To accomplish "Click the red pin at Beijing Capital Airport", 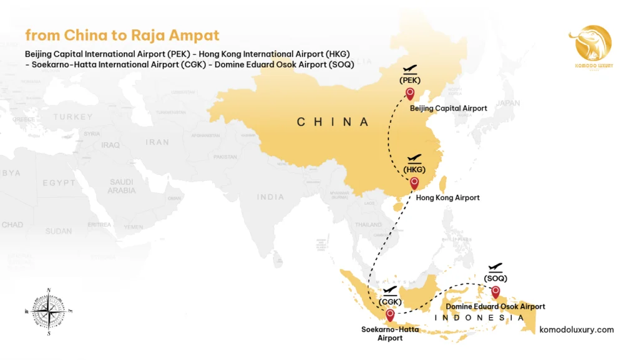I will click(x=410, y=94).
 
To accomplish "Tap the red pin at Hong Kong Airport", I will click(x=414, y=183).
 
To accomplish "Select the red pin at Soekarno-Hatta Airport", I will click(x=390, y=315).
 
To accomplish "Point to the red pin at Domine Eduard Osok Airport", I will click(x=495, y=292).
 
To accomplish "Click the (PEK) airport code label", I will click(x=410, y=80).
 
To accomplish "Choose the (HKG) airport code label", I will click(x=414, y=170).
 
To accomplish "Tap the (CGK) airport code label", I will click(x=389, y=302).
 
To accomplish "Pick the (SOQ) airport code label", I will click(x=495, y=278).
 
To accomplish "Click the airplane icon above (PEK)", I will click(x=410, y=69).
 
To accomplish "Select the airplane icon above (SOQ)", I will click(x=495, y=267).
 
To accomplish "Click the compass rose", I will click(x=49, y=310).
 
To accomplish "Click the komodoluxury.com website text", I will click(x=576, y=329).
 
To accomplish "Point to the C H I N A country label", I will click(x=333, y=122).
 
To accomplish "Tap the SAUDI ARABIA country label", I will click(x=121, y=186).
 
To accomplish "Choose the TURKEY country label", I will click(x=73, y=117).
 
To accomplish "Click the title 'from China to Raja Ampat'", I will click(x=122, y=35).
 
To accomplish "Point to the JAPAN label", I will click(x=508, y=104).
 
